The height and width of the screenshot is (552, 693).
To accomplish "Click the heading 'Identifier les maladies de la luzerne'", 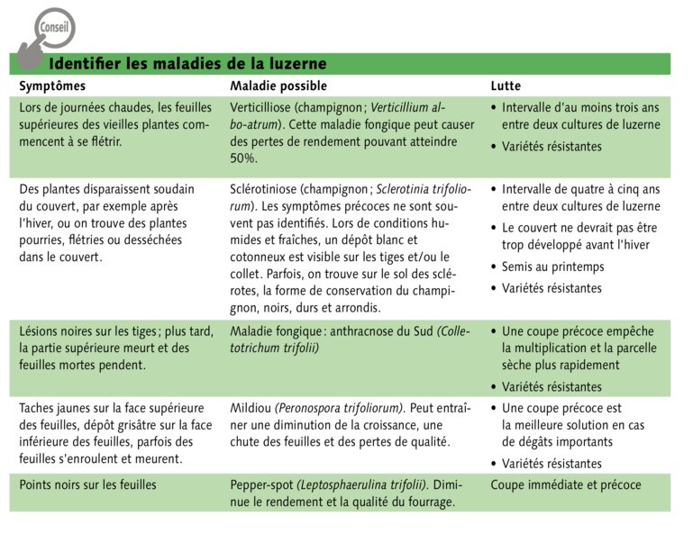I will [187, 64].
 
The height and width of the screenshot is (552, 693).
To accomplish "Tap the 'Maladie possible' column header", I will [278, 86].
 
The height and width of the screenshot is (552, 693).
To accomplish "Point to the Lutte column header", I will [505, 86].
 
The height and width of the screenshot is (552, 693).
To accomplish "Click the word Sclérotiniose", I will [264, 189].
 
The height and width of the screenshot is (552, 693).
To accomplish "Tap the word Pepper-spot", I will [263, 484].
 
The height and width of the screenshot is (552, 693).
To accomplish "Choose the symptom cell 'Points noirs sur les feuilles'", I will [87, 484].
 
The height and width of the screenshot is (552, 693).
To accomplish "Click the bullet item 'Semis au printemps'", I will [552, 267].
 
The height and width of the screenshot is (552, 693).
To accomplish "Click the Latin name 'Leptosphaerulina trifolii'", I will [363, 484].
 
